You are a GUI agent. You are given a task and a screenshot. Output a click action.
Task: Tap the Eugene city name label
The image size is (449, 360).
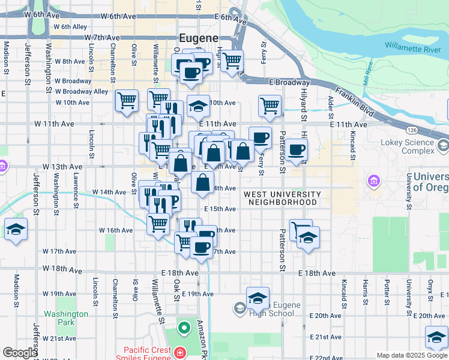[198, 38]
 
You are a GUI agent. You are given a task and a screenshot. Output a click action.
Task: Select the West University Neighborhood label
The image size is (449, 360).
[282, 199]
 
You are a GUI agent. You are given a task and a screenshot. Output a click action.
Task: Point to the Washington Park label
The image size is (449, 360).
[65, 318]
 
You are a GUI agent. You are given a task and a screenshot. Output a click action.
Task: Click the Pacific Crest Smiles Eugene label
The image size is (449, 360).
[147, 354]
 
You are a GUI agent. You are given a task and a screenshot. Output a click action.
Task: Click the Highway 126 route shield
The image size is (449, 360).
[411, 130]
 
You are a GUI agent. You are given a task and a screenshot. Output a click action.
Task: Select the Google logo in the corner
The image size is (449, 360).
[19, 353]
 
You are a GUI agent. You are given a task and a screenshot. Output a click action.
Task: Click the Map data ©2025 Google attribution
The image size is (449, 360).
[412, 355]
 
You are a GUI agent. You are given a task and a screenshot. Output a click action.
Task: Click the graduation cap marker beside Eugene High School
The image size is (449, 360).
[258, 298]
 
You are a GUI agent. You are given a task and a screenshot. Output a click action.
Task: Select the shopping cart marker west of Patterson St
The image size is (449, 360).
[270, 106]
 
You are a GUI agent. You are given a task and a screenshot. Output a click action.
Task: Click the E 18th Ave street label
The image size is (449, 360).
[317, 273]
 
